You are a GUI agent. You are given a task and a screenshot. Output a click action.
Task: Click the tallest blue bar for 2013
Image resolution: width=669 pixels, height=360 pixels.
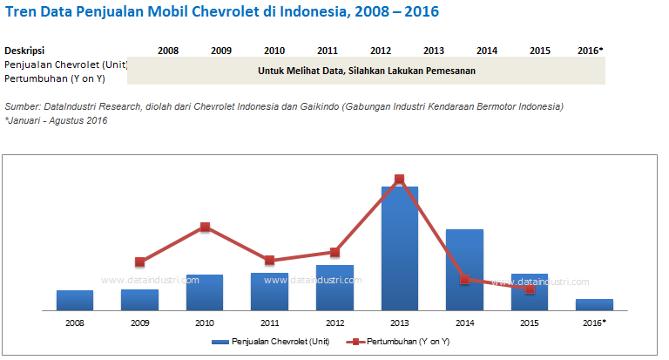pos(399,248)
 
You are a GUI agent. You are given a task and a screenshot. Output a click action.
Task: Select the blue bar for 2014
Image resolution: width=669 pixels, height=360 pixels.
pos(464,269)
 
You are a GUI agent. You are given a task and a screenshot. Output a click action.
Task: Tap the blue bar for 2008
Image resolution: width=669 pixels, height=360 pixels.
pos(74,300)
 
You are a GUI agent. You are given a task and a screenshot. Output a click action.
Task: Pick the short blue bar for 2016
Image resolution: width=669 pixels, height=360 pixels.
pos(594,304)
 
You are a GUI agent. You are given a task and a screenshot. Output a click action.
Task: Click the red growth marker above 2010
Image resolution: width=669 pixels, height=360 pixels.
pos(205,228)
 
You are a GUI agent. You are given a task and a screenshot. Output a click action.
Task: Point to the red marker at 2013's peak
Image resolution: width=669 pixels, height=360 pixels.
pos(399,180)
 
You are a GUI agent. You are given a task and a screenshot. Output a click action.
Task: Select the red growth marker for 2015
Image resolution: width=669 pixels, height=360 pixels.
pos(530,289)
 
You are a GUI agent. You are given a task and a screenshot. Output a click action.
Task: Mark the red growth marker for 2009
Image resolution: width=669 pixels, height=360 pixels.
pos(139,262)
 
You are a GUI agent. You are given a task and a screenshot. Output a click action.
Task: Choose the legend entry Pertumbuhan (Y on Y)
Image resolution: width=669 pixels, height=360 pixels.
pos(402,343)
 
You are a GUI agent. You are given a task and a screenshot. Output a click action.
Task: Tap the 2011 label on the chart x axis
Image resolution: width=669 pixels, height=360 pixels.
pos(269,323)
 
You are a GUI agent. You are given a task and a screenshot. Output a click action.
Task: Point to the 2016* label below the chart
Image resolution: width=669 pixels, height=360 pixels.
pos(594,323)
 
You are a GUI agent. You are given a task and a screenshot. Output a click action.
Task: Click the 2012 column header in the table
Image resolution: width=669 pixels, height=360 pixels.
pos(380,51)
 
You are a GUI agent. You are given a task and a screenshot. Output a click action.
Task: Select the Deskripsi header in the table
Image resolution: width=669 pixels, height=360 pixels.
pos(24,51)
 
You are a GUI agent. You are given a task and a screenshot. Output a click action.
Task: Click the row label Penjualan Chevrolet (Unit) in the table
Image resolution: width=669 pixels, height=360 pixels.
pos(66,65)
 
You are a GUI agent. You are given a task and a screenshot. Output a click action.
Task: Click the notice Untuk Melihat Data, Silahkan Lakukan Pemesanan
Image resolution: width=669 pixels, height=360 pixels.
pos(367,71)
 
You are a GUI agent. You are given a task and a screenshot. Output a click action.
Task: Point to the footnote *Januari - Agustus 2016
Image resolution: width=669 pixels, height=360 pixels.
pos(56,120)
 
